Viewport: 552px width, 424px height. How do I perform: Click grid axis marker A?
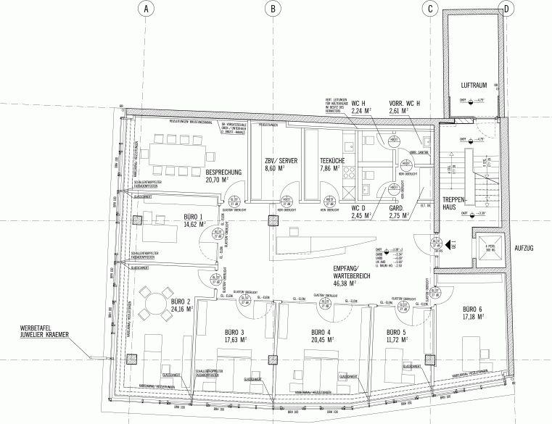click(x=147, y=9)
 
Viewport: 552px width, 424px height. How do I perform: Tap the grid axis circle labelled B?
click(x=273, y=9)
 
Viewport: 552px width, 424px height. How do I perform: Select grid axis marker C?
click(x=430, y=9)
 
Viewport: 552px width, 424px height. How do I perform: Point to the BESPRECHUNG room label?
click(x=228, y=172)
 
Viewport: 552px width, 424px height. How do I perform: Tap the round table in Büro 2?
click(x=154, y=302)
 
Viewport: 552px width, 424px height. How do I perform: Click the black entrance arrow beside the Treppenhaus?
click(x=451, y=244)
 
